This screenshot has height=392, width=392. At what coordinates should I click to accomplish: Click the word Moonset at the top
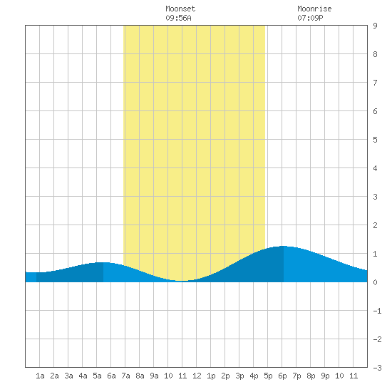click(x=180, y=9)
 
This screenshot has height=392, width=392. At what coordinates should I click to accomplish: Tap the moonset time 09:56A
click(x=178, y=18)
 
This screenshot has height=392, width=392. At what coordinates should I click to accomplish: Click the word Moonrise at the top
click(x=314, y=9)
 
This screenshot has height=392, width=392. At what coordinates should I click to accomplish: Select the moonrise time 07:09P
click(x=310, y=18)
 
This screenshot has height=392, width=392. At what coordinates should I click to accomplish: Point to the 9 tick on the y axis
click(x=375, y=26)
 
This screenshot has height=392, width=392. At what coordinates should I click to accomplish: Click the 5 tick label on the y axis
click(x=375, y=140)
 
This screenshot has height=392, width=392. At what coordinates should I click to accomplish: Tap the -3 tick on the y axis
click(x=377, y=368)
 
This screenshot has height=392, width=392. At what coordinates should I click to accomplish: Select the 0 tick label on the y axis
click(x=375, y=282)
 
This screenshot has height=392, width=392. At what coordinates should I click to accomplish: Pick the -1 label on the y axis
click(x=377, y=311)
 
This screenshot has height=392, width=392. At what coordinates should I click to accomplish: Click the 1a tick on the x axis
click(x=40, y=376)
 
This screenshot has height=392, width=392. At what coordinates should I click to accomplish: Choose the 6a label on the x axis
click(x=111, y=376)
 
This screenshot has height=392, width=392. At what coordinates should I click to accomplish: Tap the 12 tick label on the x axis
click(x=197, y=376)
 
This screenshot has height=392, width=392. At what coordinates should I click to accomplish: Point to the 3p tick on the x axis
click(x=239, y=376)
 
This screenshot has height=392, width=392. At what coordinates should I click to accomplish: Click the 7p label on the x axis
click(x=296, y=376)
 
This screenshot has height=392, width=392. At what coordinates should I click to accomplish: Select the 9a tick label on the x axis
click(x=154, y=376)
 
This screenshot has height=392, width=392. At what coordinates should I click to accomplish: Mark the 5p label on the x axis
click(x=268, y=376)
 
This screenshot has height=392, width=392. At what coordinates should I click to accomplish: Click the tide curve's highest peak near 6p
click(x=283, y=247)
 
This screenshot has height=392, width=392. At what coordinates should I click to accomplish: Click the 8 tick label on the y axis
click(x=375, y=54)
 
